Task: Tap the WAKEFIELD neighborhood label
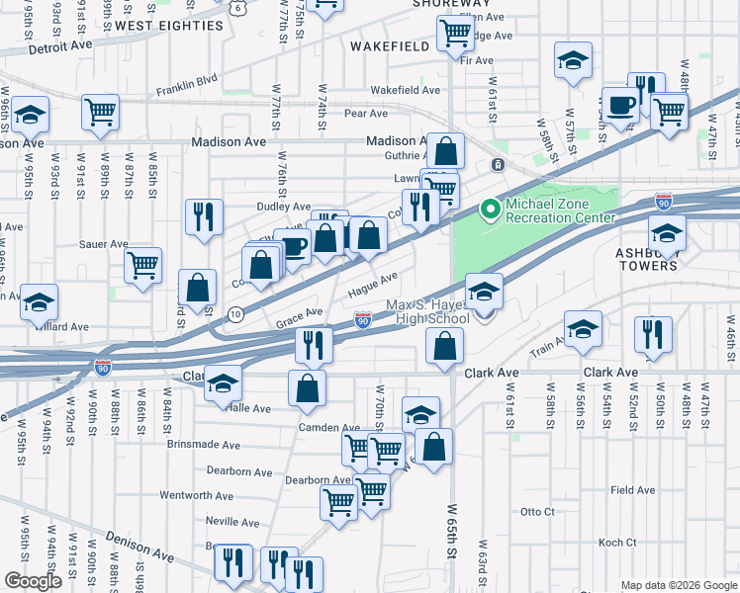390,45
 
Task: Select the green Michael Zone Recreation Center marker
488,209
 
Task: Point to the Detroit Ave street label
60,46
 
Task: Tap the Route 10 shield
234,313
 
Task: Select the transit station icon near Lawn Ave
499,164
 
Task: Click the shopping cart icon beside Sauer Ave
143,265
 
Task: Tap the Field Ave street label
633,489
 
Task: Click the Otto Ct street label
537,512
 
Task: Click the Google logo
33,581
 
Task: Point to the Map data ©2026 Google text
678,585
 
